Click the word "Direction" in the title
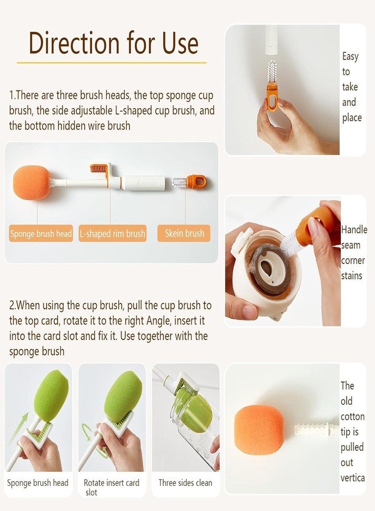pyautogui.click(x=74, y=43)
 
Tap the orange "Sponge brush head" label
pyautogui.click(x=41, y=233)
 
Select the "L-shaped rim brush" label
pyautogui.click(x=113, y=233)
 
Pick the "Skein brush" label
pyautogui.click(x=184, y=233)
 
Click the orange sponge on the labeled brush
pyautogui.click(x=32, y=182)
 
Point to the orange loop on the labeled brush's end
pyautogui.click(x=197, y=182)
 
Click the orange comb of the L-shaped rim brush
pyautogui.click(x=98, y=169)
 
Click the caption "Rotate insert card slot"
pyautogui.click(x=111, y=487)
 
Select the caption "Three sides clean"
pyautogui.click(x=185, y=483)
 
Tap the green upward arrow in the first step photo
pyautogui.click(x=19, y=426)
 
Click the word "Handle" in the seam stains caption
pyautogui.click(x=354, y=230)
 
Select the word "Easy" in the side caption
pyautogui.click(x=350, y=57)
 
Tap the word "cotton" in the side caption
pyautogui.click(x=352, y=417)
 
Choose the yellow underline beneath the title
pyautogui.click(x=111, y=62)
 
